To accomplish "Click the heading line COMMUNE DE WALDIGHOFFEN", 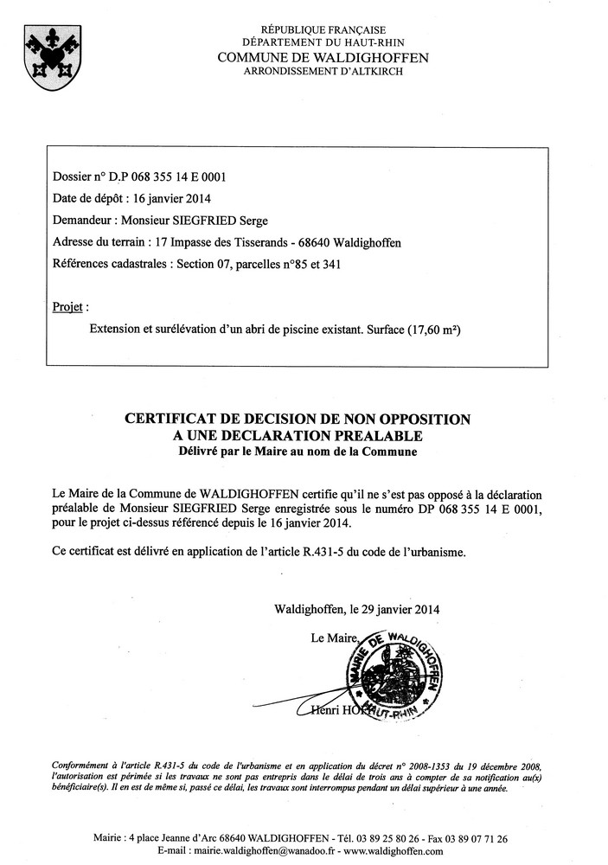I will (x=323, y=57).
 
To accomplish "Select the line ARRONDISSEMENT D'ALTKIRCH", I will (x=323, y=71).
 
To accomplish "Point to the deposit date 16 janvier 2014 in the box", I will (x=167, y=199).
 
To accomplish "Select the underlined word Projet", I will (x=69, y=307).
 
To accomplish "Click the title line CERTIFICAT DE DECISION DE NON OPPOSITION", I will (x=298, y=420).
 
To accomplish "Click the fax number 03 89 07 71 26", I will (x=473, y=839).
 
